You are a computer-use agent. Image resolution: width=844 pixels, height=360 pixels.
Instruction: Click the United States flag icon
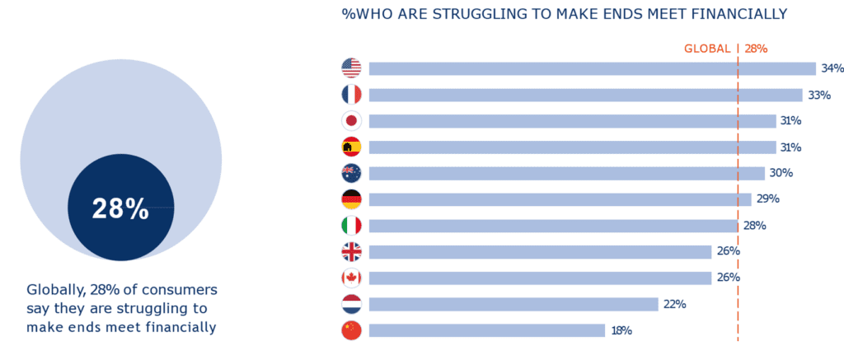tap(351, 68)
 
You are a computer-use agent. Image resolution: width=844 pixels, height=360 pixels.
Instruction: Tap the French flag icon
tap(351, 95)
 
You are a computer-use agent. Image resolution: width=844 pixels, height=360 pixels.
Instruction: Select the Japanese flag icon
tap(351, 121)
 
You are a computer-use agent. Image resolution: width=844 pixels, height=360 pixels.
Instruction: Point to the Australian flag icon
tap(351, 173)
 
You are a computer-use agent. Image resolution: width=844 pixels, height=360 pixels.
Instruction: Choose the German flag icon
tap(351, 199)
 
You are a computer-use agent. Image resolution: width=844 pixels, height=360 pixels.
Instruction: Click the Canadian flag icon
tap(351, 278)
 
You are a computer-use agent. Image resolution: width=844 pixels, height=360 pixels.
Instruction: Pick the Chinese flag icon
tap(351, 330)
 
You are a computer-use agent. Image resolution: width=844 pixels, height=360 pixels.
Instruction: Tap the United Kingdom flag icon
tap(351, 252)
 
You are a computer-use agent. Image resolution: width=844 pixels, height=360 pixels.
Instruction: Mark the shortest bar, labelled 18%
tap(487, 330)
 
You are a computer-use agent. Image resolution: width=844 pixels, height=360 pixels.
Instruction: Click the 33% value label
tap(818, 95)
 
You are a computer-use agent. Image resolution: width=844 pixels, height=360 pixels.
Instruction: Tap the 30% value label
tap(781, 173)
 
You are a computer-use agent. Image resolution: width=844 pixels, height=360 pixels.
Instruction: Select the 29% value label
tap(767, 199)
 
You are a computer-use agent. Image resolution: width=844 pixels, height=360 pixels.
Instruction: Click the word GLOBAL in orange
tap(707, 49)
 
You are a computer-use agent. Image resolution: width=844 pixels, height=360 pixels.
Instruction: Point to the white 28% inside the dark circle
tap(120, 209)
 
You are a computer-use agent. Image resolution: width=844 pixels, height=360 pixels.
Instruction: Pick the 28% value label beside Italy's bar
tap(754, 226)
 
